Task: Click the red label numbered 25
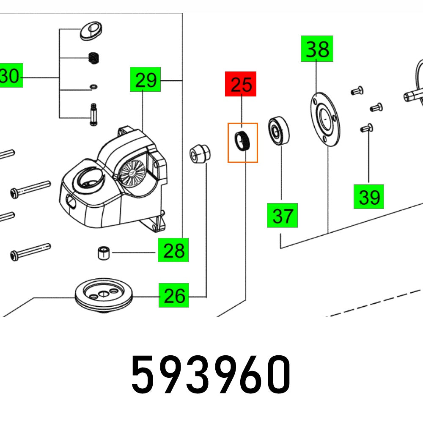(241, 84)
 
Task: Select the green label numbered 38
(317, 49)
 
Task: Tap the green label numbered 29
(146, 79)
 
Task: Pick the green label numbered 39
(369, 196)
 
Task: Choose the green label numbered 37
(282, 215)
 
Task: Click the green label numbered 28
(173, 250)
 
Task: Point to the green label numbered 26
(174, 295)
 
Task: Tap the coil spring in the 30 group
(93, 58)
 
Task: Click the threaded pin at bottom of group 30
(92, 115)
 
